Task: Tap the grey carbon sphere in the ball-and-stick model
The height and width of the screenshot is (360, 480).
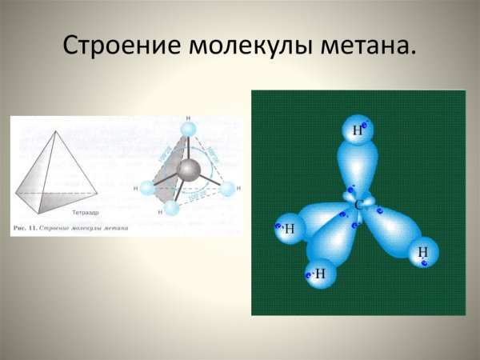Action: (x=190, y=172)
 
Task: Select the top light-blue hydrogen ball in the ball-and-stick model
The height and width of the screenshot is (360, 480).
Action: (x=188, y=130)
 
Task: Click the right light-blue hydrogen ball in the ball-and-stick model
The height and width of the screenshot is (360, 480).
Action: (x=227, y=189)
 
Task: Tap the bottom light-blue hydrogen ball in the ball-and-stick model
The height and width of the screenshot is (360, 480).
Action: (x=170, y=209)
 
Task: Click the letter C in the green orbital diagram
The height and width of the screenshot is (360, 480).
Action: (x=359, y=206)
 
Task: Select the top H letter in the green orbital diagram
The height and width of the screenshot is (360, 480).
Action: (x=357, y=130)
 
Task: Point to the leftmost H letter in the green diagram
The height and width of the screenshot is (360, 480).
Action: (x=289, y=230)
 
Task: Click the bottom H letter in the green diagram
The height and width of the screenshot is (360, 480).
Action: (x=320, y=274)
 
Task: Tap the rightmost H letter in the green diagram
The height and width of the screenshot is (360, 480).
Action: (x=422, y=252)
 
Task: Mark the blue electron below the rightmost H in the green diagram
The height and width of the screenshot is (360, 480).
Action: (x=424, y=262)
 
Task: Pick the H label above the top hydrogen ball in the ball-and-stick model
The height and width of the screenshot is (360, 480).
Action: (x=188, y=117)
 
